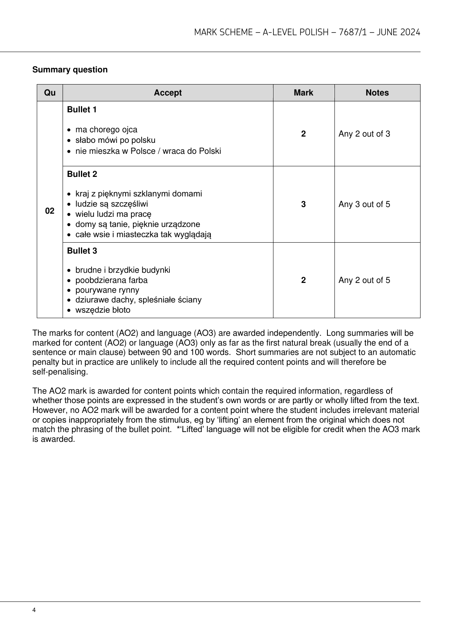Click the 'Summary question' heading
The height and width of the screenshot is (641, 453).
tap(70, 70)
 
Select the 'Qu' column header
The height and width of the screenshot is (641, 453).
tap(50, 93)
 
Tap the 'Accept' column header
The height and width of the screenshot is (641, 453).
tap(167, 93)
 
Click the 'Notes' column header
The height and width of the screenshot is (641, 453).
tap(377, 93)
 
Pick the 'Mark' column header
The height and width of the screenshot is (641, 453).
tap(303, 93)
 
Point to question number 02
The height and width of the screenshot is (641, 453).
tap(50, 211)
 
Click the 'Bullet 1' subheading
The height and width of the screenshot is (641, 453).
tap(82, 110)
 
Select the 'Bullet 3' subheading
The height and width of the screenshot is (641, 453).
tap(82, 251)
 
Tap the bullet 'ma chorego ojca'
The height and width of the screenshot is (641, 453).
tap(106, 130)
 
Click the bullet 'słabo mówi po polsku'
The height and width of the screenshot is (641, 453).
tap(115, 140)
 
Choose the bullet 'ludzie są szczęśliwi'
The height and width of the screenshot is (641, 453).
tap(111, 204)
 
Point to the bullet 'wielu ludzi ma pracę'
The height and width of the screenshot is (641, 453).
tap(113, 214)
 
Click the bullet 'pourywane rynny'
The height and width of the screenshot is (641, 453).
tap(107, 290)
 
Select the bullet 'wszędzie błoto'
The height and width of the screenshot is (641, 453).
tap(102, 310)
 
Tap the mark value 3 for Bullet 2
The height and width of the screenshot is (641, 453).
tap(303, 204)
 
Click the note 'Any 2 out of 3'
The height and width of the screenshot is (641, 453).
tap(364, 134)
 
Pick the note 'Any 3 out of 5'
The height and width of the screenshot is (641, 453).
tap(364, 204)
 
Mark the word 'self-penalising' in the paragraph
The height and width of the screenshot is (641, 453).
tap(60, 372)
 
